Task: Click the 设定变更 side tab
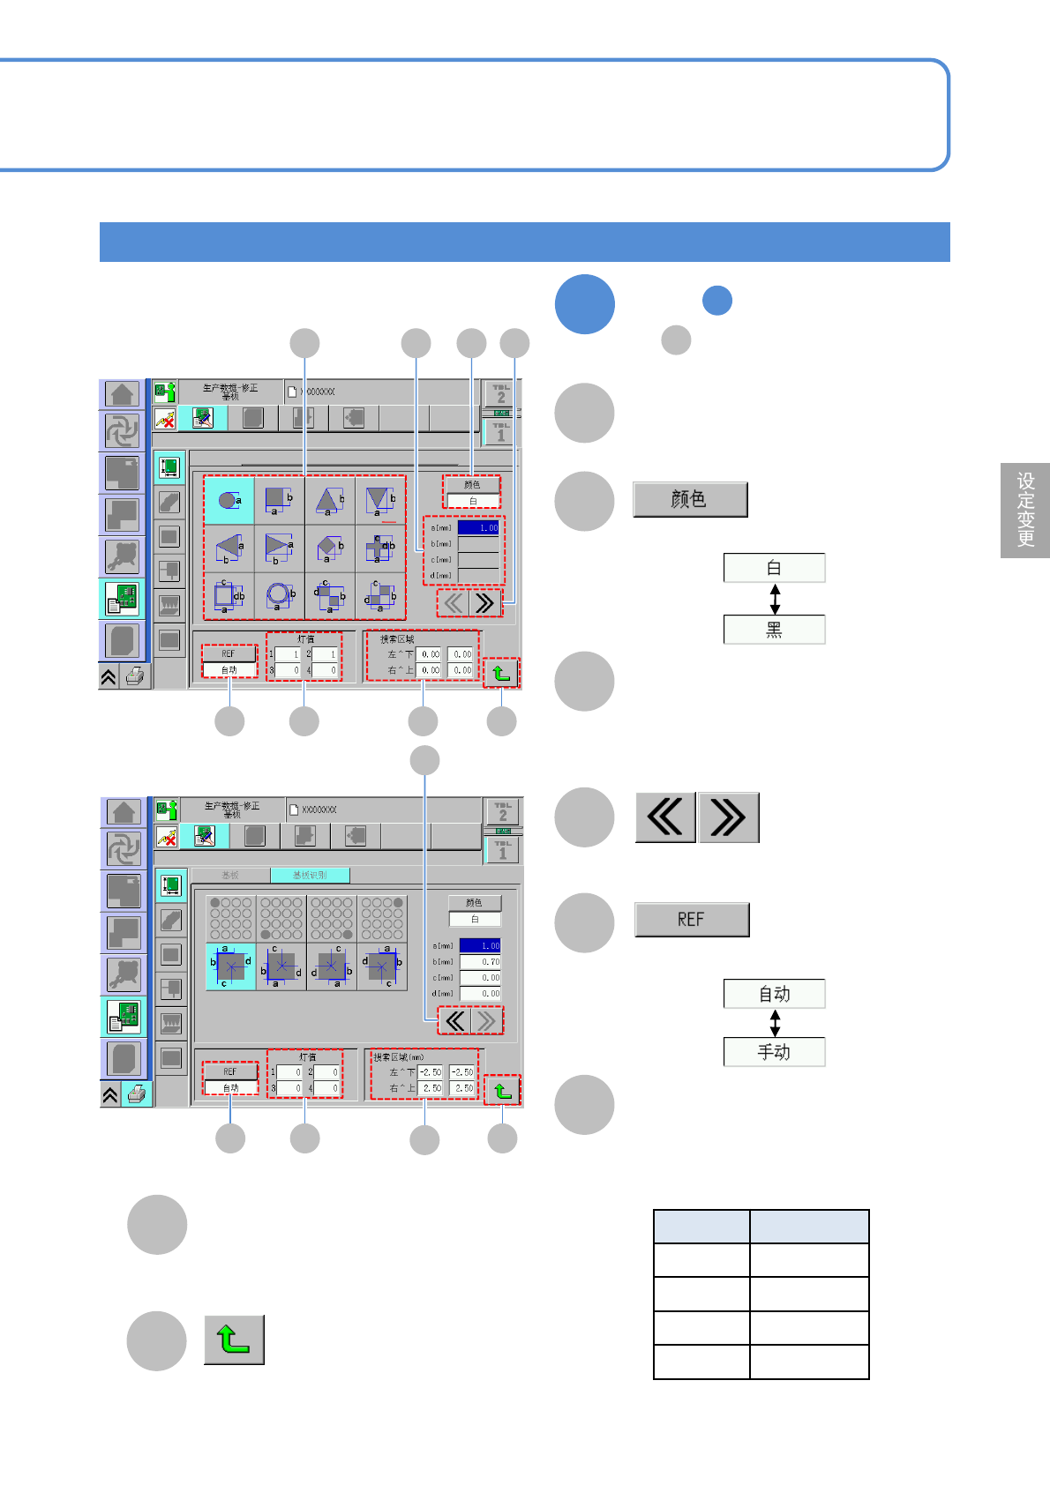point(1025,510)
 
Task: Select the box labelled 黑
point(774,630)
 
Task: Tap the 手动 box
point(774,1052)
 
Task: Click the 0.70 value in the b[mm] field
point(480,961)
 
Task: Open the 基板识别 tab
point(310,875)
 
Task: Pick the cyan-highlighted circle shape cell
point(229,501)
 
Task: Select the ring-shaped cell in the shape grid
point(280,595)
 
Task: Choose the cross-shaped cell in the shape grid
point(381,548)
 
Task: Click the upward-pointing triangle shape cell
point(330,501)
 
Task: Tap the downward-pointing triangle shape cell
point(380,501)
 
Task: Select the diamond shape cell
point(330,548)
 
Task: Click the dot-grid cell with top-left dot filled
point(230,918)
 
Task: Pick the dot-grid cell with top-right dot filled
point(382,918)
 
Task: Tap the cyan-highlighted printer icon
point(136,1094)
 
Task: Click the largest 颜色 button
point(690,499)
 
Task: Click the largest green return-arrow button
point(234,1339)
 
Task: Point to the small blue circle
point(717,301)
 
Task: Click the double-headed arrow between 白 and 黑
point(775,599)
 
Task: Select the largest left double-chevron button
point(665,817)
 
